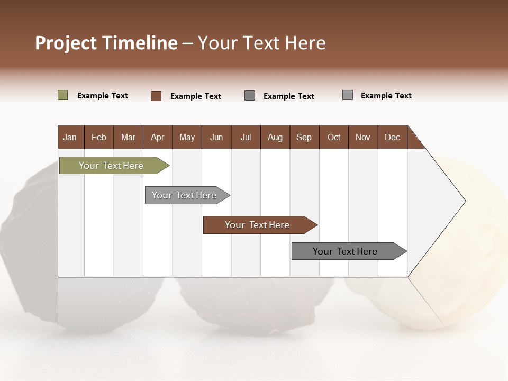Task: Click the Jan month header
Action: tap(70, 137)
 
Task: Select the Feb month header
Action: tap(99, 137)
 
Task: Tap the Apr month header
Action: tap(157, 137)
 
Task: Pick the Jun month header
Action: tap(216, 137)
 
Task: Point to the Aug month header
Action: tap(275, 137)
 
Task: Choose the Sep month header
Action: tap(304, 137)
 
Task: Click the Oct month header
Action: tap(334, 137)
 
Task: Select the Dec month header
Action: tap(392, 137)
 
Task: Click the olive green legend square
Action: tap(62, 95)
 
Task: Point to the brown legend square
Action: tap(156, 96)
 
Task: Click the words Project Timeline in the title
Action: tap(106, 43)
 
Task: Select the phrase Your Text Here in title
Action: tap(261, 43)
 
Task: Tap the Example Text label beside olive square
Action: tap(102, 96)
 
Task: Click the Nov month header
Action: tap(363, 137)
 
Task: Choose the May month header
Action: tap(187, 137)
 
